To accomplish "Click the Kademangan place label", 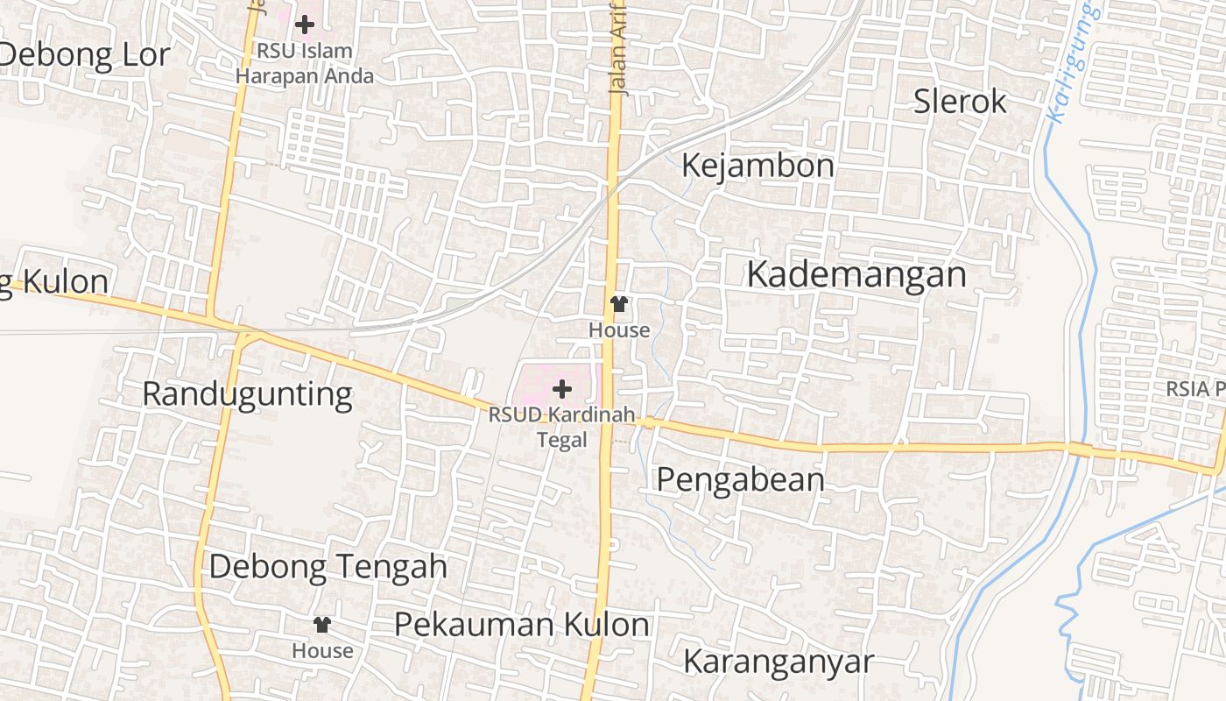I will (x=856, y=274).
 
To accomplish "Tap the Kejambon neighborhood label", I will (x=757, y=166).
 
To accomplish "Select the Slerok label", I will (x=960, y=102).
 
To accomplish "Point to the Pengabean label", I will (x=740, y=479).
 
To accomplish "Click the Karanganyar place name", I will (x=778, y=662).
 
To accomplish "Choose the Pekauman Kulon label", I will (x=521, y=625).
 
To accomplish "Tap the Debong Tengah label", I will (x=328, y=567).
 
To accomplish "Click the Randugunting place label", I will (x=247, y=394).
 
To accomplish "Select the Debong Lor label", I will (x=84, y=55).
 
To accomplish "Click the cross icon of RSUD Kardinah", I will (x=562, y=389).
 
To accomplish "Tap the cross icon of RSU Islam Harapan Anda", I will (x=304, y=25).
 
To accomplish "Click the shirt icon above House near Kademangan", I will (x=619, y=304).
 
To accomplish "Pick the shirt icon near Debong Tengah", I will (x=322, y=625).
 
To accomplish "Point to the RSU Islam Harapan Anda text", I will (x=304, y=63).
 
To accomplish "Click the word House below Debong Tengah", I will (x=322, y=651).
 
